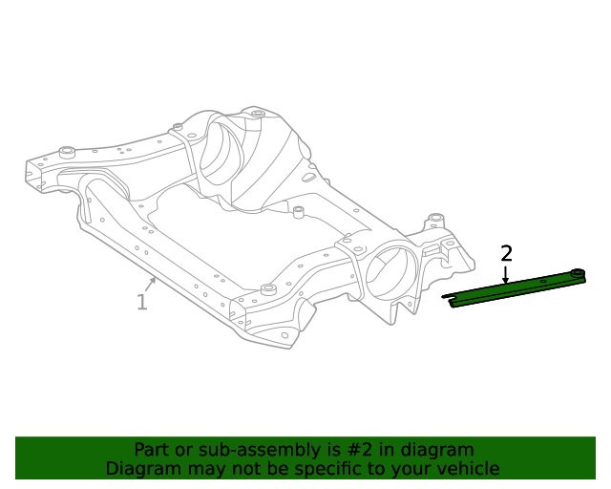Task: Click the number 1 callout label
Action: click(141, 303)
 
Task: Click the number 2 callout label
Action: click(506, 253)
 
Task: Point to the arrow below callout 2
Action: click(506, 275)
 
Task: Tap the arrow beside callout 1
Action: click(151, 284)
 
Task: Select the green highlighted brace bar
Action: click(516, 287)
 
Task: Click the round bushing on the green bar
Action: click(577, 275)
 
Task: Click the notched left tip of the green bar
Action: click(452, 301)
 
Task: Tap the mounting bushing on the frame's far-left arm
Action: click(67, 151)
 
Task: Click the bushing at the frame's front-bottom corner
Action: click(268, 288)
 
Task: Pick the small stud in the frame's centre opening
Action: click(298, 210)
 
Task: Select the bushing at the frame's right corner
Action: click(436, 220)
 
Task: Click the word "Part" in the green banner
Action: click(153, 450)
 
